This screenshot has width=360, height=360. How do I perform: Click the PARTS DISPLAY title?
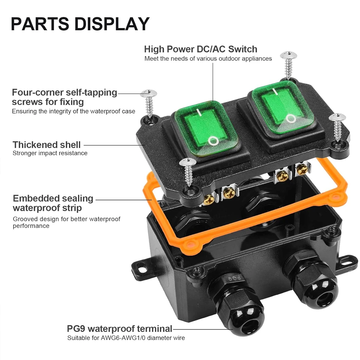80,24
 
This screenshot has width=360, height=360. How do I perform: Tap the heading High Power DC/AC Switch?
200,49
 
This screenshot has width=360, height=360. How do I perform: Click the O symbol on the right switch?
291,119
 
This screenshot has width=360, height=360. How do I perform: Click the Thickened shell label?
47,145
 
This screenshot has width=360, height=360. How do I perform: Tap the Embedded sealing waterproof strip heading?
53,203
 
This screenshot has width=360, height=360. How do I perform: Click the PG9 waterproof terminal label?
120,328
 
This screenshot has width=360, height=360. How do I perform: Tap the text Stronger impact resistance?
50,153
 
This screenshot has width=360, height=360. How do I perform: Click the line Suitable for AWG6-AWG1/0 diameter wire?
126,338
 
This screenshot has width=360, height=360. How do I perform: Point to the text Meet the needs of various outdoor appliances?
208,58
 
